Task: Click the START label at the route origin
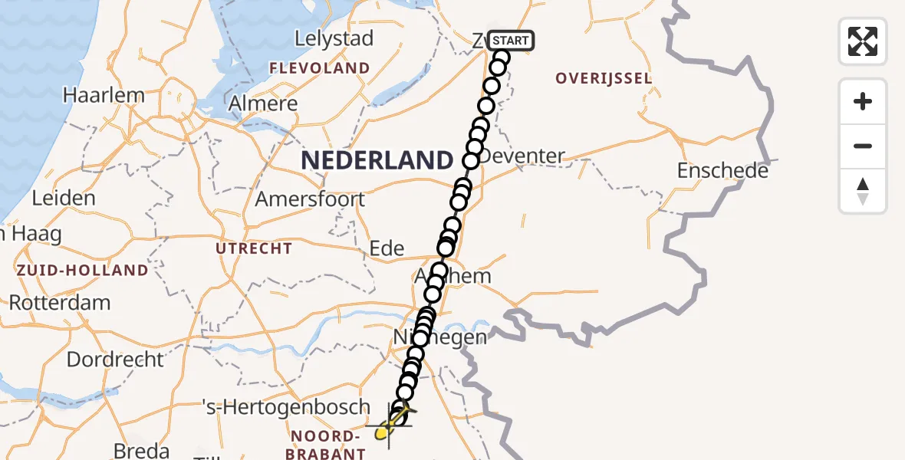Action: [x=509, y=41]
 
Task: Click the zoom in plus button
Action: [x=863, y=101]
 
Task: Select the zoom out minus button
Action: [x=863, y=146]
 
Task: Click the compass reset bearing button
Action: [x=863, y=191]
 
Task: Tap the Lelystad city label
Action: [x=335, y=38]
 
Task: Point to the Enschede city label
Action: [x=722, y=170]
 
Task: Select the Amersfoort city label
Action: [x=310, y=199]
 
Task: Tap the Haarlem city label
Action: [x=104, y=96]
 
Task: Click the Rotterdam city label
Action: [x=60, y=302]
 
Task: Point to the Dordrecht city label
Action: [x=115, y=359]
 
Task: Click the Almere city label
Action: [x=263, y=103]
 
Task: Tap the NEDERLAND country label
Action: [x=377, y=160]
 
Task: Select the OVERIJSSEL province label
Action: [x=604, y=78]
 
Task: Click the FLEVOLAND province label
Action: [x=319, y=68]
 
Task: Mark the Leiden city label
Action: [x=64, y=198]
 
